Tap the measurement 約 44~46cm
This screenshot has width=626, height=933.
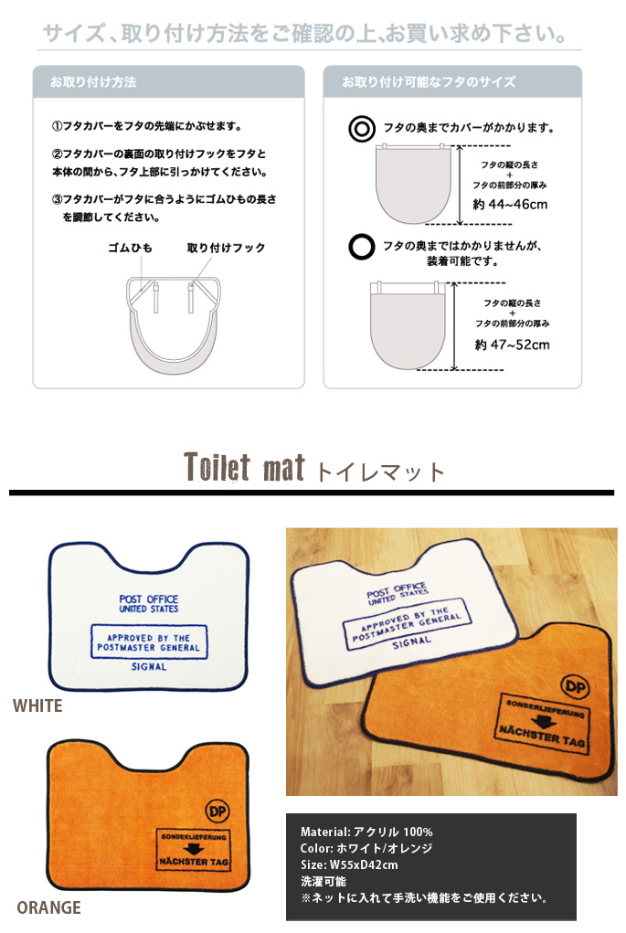(510, 205)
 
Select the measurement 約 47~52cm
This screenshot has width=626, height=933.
(512, 345)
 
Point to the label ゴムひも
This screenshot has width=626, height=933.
(130, 248)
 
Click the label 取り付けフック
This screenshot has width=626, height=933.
(226, 248)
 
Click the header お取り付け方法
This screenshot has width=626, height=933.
(93, 81)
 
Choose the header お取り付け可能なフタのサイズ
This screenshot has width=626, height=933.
(429, 81)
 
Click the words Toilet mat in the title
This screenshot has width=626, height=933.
(244, 466)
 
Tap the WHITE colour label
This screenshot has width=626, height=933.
(37, 705)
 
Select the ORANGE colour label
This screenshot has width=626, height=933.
(48, 907)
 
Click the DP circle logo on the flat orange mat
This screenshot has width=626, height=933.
(218, 811)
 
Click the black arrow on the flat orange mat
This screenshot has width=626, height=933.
(193, 849)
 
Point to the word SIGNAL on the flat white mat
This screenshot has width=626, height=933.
(149, 667)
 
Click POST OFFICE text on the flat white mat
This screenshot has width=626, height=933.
(149, 599)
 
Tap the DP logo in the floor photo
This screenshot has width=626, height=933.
(576, 686)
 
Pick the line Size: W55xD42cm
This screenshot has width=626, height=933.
(349, 864)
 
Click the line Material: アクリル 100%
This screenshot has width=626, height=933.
(366, 832)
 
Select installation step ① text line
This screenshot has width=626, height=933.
(147, 126)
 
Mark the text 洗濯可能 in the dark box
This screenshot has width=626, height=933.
(324, 881)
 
